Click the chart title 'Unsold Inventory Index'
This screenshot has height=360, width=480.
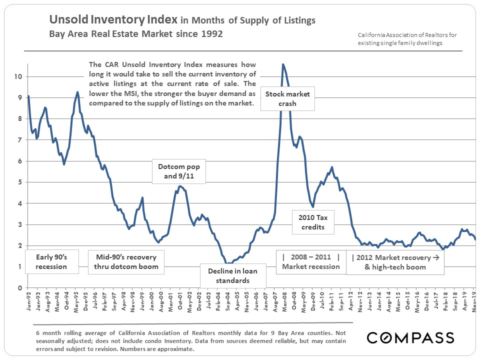(112, 20)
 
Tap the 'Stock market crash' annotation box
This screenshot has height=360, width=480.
(287, 98)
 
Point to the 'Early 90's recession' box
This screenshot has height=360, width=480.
(51, 261)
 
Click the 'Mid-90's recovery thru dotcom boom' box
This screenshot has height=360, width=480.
(126, 261)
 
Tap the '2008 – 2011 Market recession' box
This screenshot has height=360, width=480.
(310, 261)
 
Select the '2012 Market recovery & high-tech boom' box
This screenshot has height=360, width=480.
(395, 262)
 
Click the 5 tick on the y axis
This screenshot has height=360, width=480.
(19, 182)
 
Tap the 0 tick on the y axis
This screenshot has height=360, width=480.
(19, 288)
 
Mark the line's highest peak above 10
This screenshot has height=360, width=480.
(283, 64)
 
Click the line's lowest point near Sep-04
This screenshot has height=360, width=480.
(227, 263)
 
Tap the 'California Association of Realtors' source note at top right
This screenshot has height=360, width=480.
(407, 39)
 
